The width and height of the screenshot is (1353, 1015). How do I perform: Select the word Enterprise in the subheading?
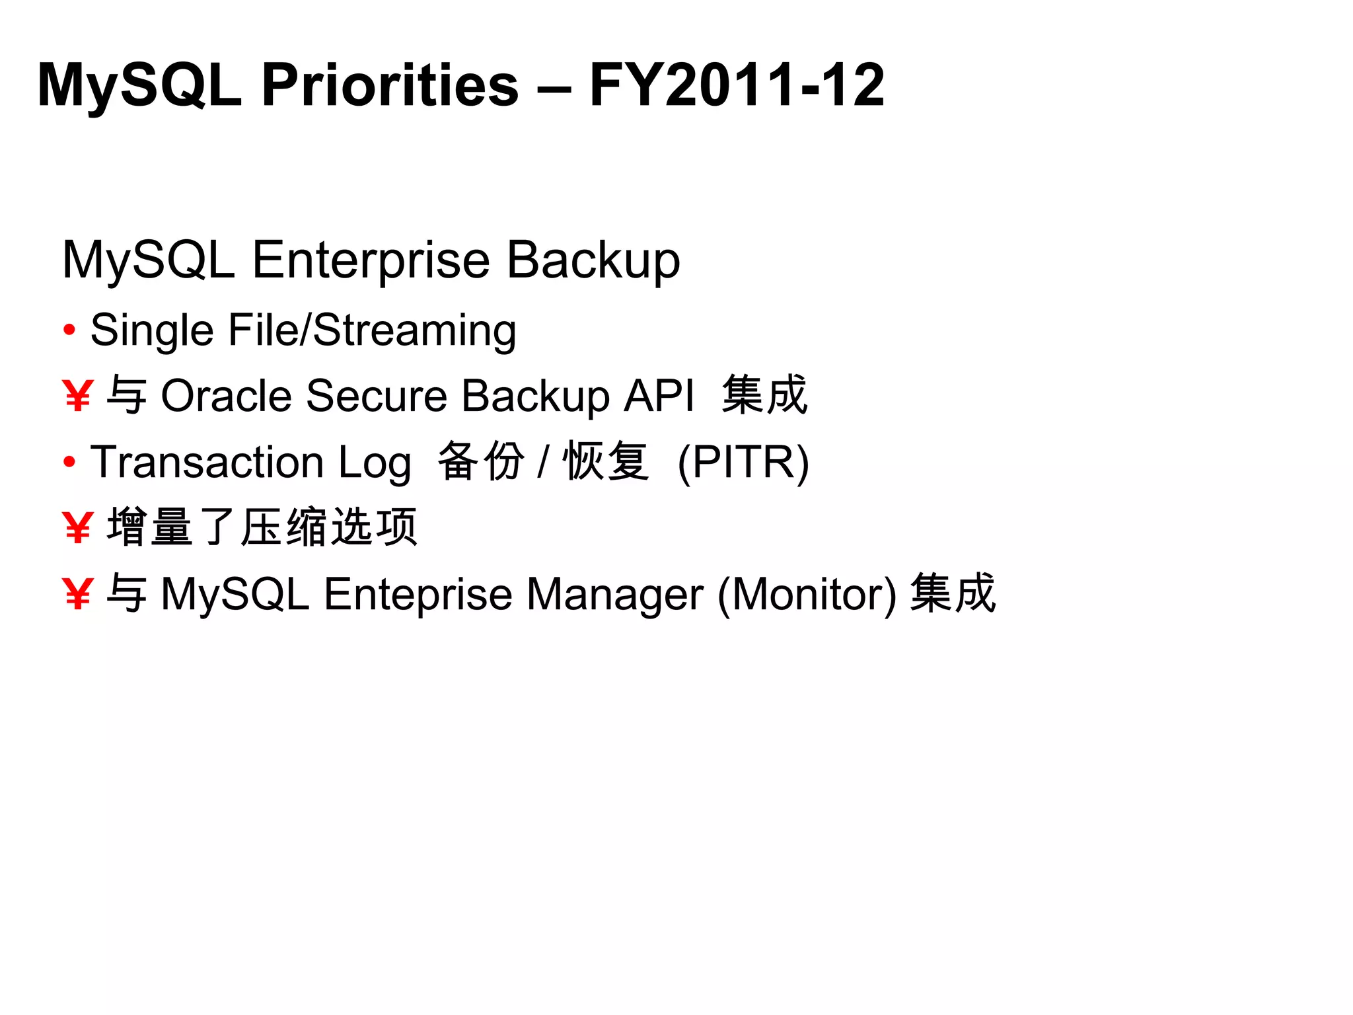371,260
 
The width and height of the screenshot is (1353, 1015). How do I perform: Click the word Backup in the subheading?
593,260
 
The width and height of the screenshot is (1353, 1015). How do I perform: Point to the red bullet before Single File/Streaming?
69,329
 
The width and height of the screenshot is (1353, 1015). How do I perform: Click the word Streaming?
414,330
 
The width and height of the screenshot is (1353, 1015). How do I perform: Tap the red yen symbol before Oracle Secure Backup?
77,396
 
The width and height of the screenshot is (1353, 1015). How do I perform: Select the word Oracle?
226,396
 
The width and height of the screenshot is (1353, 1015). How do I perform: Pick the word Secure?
377,396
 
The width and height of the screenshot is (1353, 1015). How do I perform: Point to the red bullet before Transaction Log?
69,462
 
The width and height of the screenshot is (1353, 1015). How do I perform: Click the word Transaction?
207,462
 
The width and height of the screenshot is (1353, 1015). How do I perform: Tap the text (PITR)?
743,462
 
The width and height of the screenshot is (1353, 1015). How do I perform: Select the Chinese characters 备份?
481,461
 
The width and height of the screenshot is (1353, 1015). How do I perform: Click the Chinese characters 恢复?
605,461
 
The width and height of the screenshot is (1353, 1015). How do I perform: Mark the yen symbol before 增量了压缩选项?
77,528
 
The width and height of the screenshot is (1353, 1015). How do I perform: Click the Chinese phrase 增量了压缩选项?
262,527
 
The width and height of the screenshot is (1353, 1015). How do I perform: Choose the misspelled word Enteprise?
418,594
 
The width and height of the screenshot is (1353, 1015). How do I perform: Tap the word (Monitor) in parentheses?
807,594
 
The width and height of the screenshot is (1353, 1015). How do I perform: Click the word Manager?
614,594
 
